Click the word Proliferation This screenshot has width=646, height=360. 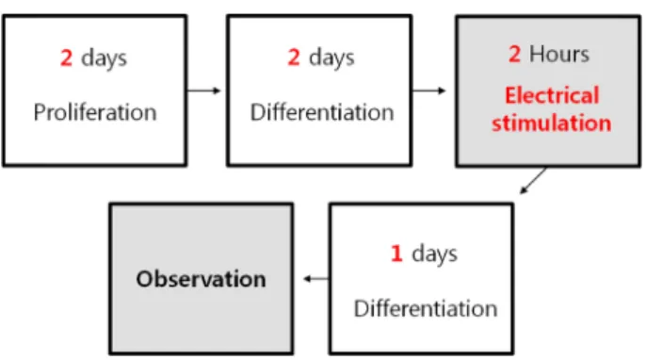coord(95,112)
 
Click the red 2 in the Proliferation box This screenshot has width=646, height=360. coord(66,57)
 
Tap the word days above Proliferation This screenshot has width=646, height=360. coord(104,58)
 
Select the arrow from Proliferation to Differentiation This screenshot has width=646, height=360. coord(204,90)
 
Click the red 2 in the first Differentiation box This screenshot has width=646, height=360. coord(294,57)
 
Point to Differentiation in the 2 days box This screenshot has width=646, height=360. coord(322,112)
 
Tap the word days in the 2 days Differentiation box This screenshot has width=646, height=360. coord(331,58)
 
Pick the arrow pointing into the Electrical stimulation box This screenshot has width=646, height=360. coord(428,90)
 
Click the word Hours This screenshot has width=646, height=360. coord(559,55)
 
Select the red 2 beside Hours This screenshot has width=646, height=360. coord(514,54)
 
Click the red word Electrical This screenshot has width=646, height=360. coord(552,95)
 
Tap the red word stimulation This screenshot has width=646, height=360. coord(551,123)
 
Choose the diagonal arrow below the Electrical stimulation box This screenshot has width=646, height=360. coord(533,181)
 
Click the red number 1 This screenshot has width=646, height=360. coord(396,254)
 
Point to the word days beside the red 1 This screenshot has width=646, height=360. coord(435,254)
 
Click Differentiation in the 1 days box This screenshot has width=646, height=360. coord(426,308)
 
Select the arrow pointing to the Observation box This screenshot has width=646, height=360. coord(316,279)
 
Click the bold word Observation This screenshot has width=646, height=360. coord(202,279)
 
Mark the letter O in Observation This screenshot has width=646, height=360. coord(145,279)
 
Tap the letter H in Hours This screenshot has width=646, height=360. coord(537,55)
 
